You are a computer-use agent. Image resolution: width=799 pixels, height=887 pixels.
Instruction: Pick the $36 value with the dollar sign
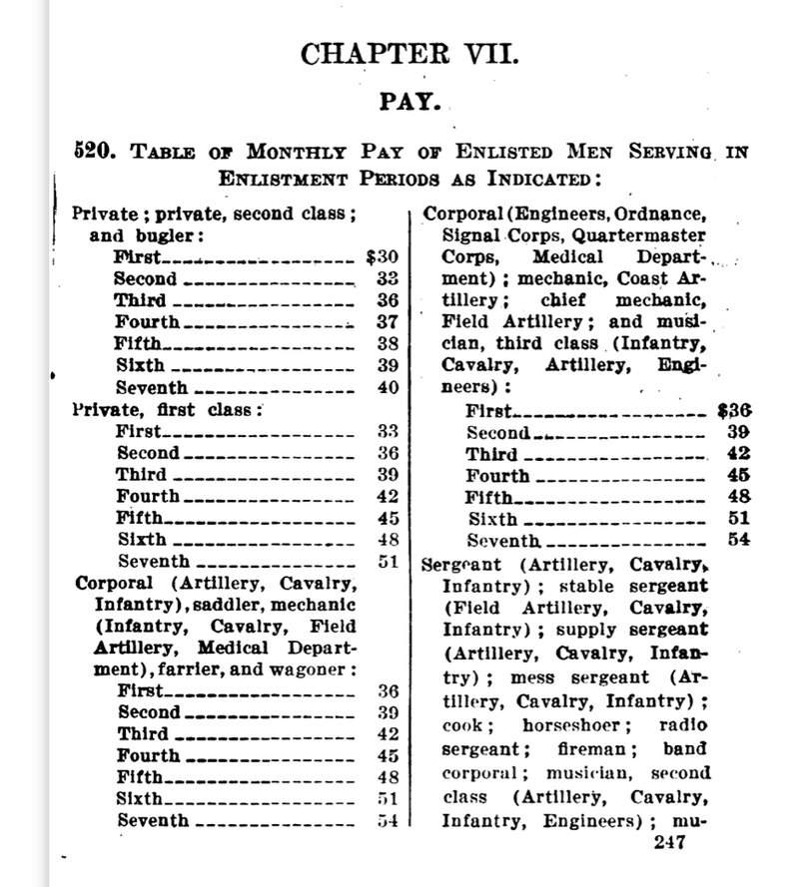tap(734, 409)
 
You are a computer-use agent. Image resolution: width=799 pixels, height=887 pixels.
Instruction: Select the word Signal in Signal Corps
tap(469, 235)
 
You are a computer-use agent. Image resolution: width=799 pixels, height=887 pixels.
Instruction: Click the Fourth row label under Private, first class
tap(147, 495)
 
